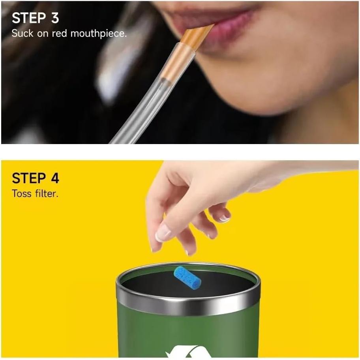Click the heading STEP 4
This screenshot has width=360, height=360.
[36, 178]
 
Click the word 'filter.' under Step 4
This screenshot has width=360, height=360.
[47, 194]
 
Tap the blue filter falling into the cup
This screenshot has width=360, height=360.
[187, 277]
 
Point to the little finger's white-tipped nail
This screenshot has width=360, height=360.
[225, 217]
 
